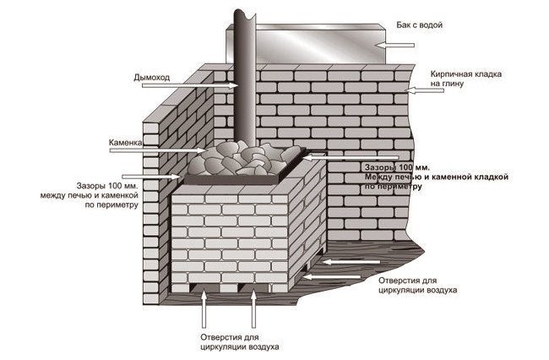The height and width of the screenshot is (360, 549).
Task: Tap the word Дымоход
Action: point(152,77)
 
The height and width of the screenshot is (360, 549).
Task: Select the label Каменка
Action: point(125,145)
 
